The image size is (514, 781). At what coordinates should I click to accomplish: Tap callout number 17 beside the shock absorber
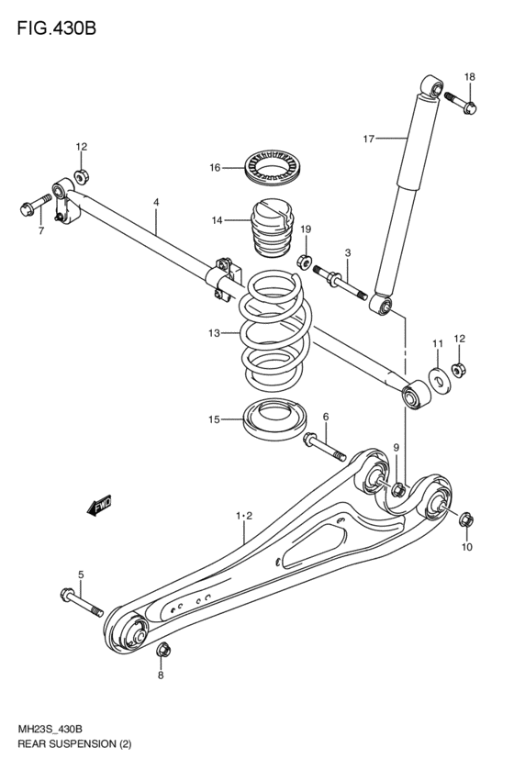368,139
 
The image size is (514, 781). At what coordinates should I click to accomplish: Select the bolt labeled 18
459,102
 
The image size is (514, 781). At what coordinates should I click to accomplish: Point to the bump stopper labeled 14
273,229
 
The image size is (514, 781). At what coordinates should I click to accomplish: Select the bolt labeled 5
80,601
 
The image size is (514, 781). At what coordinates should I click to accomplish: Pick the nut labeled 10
464,520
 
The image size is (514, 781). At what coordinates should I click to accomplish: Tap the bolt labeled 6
322,446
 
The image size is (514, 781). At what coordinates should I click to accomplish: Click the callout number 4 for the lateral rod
156,201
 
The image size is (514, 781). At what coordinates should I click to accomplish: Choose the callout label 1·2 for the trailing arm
243,517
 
